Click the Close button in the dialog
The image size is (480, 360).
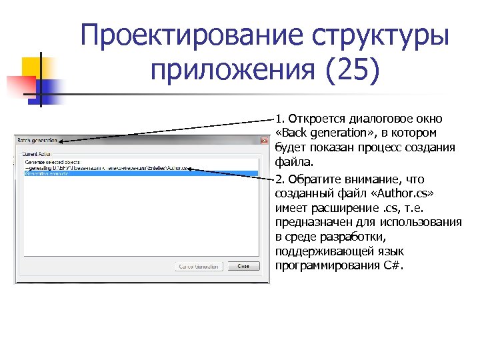click(243, 266)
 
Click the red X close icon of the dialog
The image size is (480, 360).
click(264, 141)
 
